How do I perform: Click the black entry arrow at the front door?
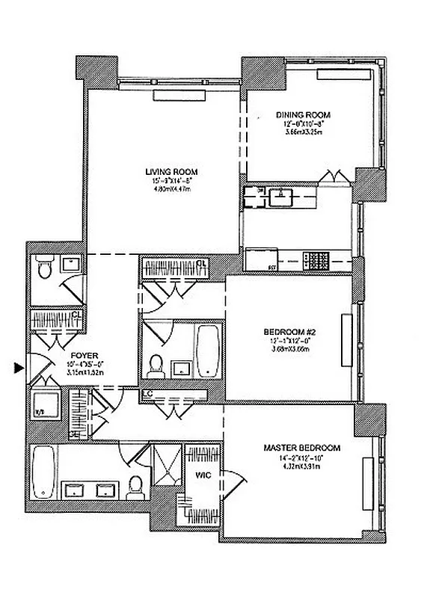[19, 367]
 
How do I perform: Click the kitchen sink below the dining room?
[280, 197]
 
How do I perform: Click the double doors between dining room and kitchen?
[331, 176]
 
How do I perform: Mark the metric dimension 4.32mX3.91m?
[301, 465]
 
